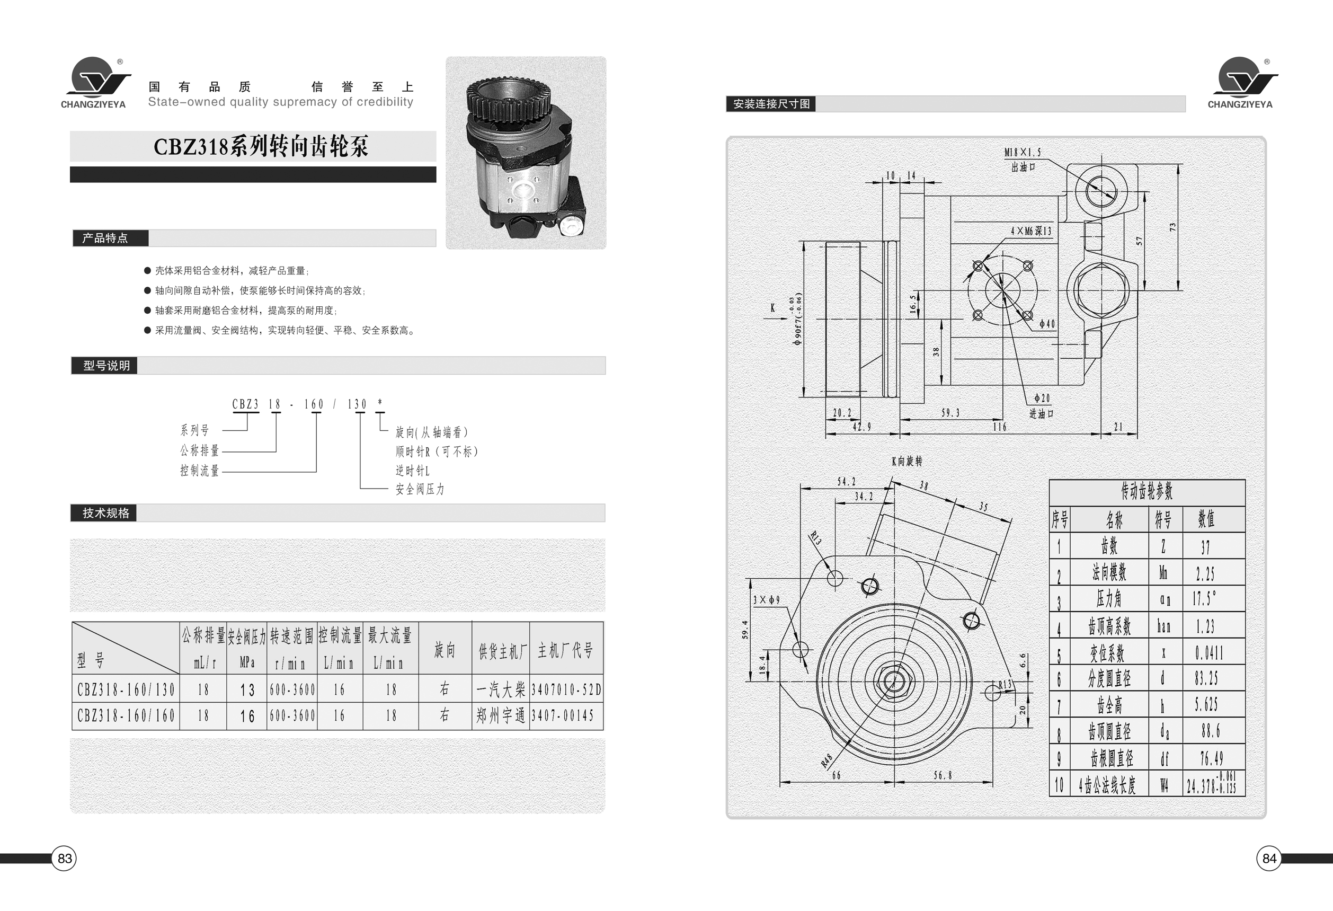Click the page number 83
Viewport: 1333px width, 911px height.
click(64, 858)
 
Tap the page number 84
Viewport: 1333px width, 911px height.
click(1269, 858)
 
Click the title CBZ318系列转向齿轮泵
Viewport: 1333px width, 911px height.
click(261, 147)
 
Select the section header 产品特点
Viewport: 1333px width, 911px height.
click(105, 238)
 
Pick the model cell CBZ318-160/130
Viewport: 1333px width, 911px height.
click(126, 689)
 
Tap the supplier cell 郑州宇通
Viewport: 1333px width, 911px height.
click(501, 715)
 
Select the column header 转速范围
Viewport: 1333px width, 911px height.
click(292, 635)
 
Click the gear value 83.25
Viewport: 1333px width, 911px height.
click(1207, 678)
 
